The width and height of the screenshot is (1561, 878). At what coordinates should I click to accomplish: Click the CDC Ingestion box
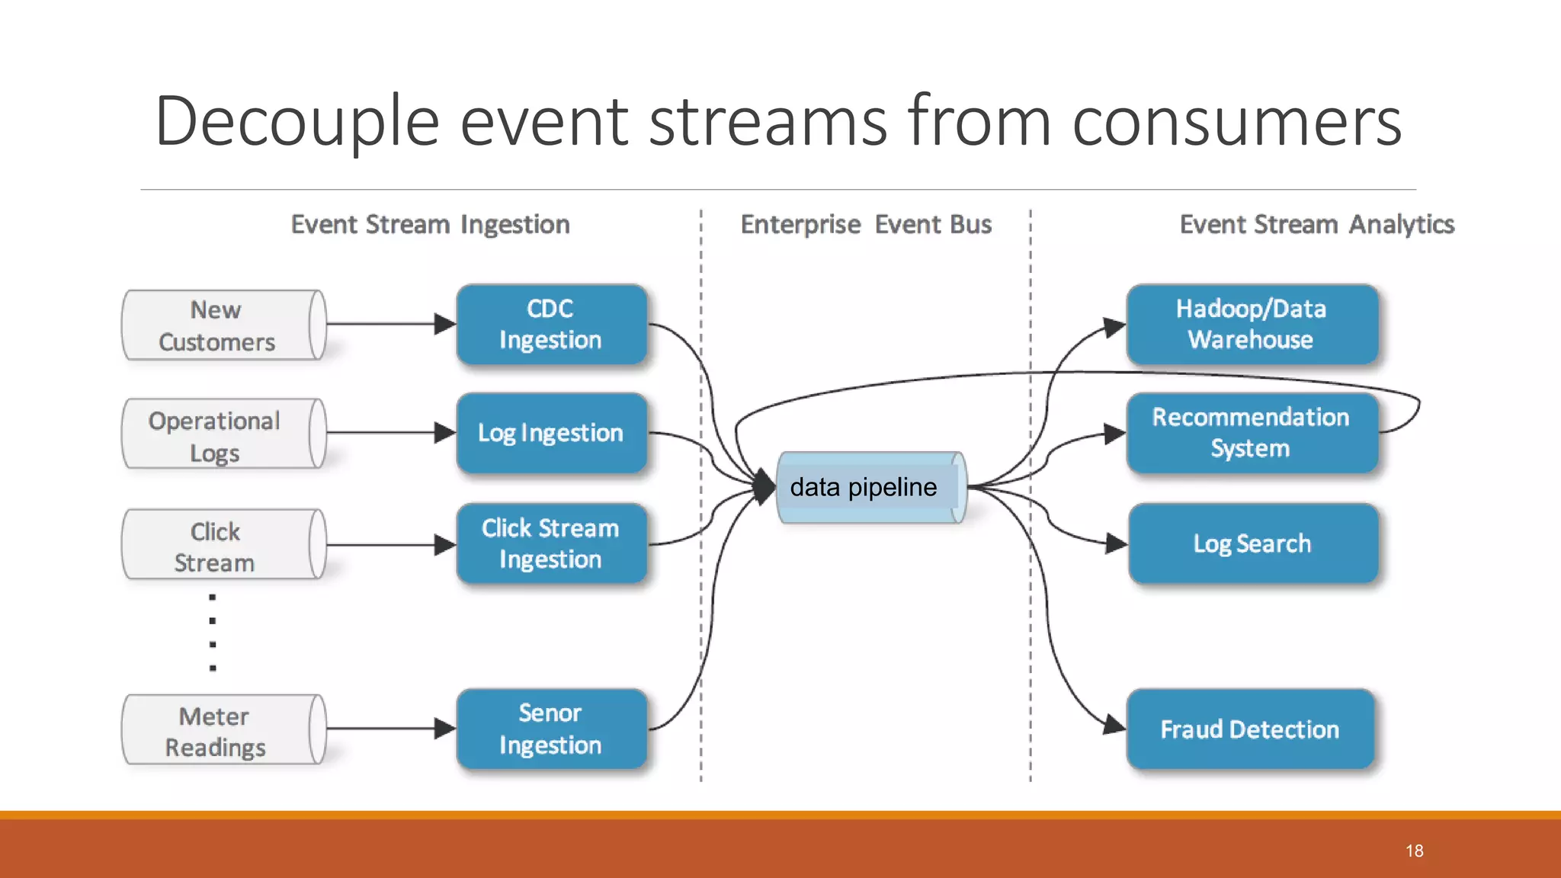coord(551,325)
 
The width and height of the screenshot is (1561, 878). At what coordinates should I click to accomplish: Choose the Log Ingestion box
coord(551,433)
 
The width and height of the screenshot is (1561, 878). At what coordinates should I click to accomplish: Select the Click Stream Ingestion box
coord(551,543)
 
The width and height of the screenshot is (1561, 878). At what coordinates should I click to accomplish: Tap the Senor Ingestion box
coord(551,729)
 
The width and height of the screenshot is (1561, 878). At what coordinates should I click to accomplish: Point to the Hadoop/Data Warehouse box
coord(1252,325)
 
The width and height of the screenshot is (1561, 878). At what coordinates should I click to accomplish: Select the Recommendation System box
coord(1252,433)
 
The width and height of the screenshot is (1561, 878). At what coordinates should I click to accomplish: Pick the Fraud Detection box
coord(1250,729)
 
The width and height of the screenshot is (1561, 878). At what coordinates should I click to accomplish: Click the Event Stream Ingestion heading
coord(431,225)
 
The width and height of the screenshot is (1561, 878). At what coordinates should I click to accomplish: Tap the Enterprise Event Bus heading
coord(866,225)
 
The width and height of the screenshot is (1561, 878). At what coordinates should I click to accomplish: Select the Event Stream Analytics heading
coord(1317,225)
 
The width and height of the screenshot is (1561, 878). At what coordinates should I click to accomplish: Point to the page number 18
coord(1415,851)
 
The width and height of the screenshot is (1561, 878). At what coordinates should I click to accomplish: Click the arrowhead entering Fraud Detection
coord(1114,725)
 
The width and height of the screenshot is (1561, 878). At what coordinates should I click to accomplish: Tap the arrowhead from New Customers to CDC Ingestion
coord(444,324)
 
